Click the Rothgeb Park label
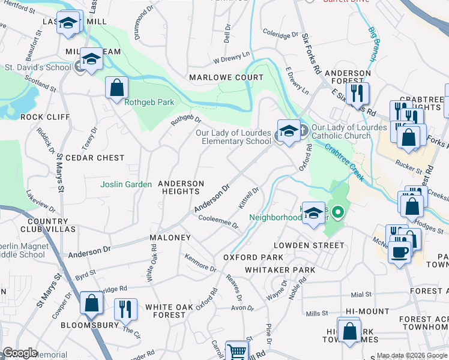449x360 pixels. (x=149, y=102)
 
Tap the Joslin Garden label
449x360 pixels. (x=126, y=184)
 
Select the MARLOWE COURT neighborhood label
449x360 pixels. (x=226, y=77)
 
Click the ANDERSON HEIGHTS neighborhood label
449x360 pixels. (x=181, y=187)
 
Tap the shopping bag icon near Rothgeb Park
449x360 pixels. (x=116, y=88)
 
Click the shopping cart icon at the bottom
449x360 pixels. (x=237, y=352)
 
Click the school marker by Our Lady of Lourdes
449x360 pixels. (x=288, y=132)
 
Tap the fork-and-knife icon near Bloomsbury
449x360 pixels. (x=125, y=309)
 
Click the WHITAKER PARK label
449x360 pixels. (x=280, y=270)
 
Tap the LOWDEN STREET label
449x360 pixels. (x=309, y=245)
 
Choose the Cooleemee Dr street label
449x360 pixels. (x=218, y=222)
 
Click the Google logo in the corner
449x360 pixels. (x=20, y=353)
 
